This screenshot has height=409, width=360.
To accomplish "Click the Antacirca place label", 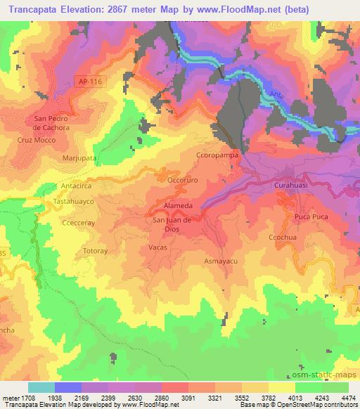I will [77, 186].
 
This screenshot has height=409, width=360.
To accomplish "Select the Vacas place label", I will [157, 247].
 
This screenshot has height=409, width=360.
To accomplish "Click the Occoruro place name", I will [185, 180].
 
